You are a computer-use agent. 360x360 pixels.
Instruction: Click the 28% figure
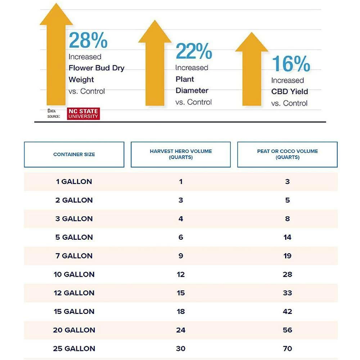(88, 40)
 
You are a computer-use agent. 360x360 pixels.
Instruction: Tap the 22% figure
(194, 51)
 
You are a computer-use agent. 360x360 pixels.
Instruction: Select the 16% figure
(291, 64)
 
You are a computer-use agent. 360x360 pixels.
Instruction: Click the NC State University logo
(83, 113)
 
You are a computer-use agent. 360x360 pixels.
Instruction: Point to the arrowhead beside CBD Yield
(252, 43)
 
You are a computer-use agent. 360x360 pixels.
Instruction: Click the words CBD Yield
(290, 91)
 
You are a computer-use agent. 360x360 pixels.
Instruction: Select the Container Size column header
(74, 154)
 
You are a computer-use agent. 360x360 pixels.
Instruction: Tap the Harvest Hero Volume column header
(181, 154)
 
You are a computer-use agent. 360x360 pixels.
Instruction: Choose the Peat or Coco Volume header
(287, 154)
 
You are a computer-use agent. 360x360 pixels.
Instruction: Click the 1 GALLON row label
(74, 181)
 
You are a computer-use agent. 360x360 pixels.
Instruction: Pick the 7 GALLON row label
(74, 256)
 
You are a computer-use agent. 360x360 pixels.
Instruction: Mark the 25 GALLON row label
(74, 348)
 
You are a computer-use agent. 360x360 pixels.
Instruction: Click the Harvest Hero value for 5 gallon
(181, 237)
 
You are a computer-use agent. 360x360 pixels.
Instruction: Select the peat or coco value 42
(287, 311)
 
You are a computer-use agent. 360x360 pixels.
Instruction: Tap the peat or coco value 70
(287, 348)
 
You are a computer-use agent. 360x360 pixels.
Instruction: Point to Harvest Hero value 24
(181, 330)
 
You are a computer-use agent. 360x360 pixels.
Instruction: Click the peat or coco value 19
(287, 256)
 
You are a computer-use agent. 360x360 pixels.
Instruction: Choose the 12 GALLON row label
(74, 293)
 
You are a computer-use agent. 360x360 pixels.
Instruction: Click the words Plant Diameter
(192, 85)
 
